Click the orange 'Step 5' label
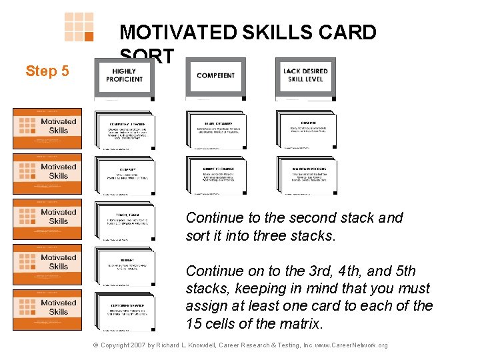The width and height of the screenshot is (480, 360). [47, 71]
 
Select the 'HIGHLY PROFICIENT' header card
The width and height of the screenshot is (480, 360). [124, 77]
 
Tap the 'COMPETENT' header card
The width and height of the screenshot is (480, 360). [215, 77]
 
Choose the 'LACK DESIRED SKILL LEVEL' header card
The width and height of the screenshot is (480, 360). [305, 77]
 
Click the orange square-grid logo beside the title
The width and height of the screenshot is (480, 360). [79, 27]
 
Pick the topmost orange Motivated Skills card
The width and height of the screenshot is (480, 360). [47, 128]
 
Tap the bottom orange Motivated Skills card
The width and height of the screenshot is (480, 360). [47, 309]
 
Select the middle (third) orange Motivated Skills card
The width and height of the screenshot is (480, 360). [47, 219]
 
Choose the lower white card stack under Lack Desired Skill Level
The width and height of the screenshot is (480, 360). [306, 175]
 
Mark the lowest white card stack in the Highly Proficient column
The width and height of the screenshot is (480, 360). [125, 310]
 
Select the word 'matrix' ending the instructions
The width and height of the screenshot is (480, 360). [299, 325]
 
